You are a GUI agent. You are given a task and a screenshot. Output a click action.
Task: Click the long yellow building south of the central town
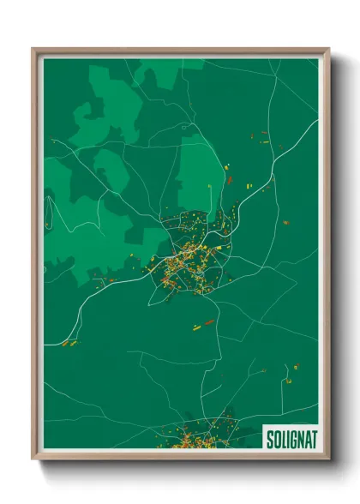[196, 326]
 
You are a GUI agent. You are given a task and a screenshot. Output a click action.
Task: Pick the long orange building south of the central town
[208, 322]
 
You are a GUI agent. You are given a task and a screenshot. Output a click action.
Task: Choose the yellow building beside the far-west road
[72, 341]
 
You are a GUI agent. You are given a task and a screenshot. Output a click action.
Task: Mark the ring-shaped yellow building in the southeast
[296, 366]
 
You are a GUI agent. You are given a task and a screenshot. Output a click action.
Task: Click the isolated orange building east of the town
[285, 222]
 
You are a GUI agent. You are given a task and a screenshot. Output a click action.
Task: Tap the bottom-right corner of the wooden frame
[327, 458]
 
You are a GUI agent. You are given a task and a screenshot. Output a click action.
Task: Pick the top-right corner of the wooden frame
[327, 50]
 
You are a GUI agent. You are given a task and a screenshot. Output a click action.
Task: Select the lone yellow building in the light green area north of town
[208, 188]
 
